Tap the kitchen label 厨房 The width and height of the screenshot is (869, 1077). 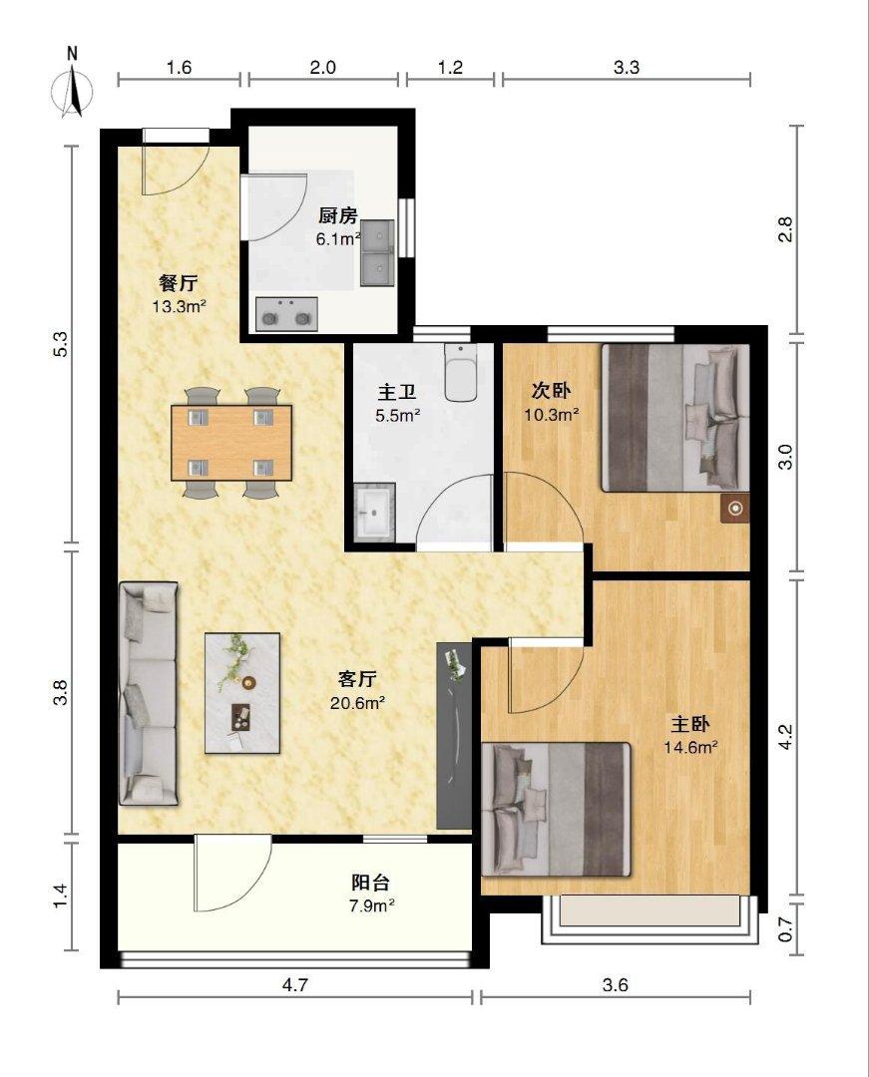338,215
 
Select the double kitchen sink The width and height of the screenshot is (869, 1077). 377,252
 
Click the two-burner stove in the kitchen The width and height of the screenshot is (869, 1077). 286,314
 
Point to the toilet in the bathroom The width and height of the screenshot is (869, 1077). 460,372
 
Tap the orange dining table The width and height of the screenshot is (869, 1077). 231,443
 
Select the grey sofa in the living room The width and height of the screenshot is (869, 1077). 149,694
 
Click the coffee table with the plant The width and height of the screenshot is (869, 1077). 242,693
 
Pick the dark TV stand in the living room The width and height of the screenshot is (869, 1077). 454,736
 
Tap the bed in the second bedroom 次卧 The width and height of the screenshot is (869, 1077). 675,418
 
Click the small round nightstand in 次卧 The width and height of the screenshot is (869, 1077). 735,509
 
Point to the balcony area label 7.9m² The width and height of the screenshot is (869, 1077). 371,905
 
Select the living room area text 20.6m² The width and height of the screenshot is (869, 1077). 356,703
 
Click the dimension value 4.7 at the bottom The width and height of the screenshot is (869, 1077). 294,985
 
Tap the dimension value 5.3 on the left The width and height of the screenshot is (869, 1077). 61,344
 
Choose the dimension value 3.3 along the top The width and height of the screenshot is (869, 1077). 626,68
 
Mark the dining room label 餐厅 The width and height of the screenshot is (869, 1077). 179,282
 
